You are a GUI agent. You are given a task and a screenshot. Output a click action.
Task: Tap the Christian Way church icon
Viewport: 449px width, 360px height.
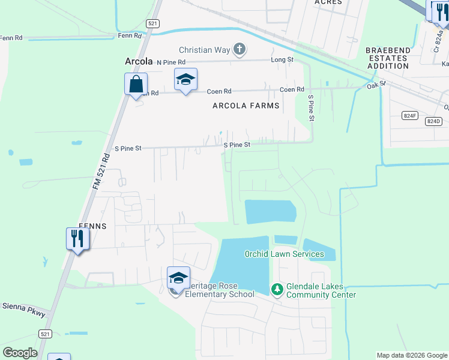point(239,49)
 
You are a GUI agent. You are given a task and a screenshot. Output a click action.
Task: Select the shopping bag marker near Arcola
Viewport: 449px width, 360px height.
point(136,85)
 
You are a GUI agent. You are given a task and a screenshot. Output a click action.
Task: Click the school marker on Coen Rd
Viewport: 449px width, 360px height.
point(185,80)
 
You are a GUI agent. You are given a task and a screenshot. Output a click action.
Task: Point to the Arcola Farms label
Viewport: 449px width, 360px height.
point(246,106)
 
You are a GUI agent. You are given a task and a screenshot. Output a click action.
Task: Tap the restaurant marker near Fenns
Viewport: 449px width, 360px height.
point(77,239)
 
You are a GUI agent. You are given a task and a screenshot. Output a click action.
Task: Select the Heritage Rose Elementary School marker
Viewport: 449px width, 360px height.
point(178,278)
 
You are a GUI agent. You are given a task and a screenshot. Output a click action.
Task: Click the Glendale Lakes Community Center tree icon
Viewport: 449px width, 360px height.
point(277,290)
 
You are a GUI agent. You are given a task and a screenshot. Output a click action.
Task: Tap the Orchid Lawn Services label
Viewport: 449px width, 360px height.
point(284,254)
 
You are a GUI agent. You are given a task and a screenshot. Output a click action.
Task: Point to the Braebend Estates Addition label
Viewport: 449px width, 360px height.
point(387,59)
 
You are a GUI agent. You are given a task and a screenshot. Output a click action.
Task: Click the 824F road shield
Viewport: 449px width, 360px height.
point(411,115)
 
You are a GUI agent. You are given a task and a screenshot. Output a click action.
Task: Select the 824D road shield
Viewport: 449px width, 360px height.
point(433,121)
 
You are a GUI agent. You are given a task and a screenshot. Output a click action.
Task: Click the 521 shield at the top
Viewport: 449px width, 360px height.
point(152,23)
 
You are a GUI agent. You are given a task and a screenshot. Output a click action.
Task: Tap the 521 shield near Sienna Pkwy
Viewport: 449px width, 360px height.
point(45,333)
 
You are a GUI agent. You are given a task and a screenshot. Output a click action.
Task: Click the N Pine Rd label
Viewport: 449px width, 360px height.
point(172,62)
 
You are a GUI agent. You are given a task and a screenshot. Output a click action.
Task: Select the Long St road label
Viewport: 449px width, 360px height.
point(282,59)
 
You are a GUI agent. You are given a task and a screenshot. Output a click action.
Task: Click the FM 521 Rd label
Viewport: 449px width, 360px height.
point(102,173)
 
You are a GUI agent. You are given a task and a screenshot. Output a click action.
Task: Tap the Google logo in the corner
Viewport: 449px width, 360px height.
point(20,353)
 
